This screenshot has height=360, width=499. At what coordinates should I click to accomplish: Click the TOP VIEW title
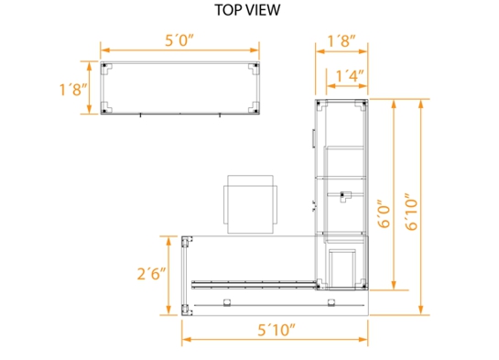247,10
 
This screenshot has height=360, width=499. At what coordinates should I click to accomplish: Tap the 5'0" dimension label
179,40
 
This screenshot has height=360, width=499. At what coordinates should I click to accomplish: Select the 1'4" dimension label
350,76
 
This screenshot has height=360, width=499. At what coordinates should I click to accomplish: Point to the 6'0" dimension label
384,214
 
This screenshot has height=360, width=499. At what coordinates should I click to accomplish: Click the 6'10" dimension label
411,212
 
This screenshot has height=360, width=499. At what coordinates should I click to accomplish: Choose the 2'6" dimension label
151,274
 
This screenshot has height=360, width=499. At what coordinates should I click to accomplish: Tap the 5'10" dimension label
277,330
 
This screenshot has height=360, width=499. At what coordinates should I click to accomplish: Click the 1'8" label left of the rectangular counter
73,90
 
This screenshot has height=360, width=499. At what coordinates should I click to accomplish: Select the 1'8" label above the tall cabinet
342,41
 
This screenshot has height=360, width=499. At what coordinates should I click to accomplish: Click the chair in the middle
251,204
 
